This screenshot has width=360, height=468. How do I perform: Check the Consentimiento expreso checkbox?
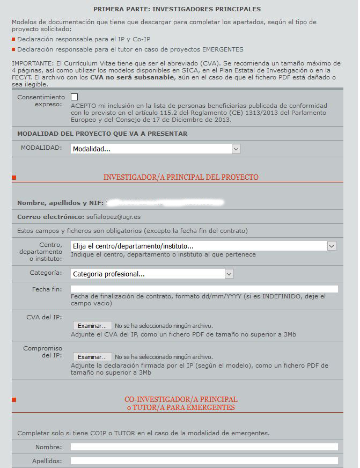[74, 97]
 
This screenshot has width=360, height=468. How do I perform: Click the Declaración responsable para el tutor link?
[130, 49]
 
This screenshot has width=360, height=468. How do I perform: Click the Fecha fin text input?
[204, 289]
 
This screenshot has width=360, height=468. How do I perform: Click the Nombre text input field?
[204, 447]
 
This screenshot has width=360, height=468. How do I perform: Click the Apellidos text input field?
[204, 460]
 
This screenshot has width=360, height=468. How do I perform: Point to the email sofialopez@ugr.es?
[113, 217]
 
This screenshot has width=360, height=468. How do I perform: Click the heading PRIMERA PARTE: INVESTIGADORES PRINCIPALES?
[177, 10]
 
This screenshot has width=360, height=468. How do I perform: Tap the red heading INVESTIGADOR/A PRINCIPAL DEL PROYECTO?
[181, 177]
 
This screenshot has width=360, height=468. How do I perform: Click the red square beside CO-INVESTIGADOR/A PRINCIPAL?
[14, 399]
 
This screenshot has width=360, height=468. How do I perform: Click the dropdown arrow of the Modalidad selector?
[236, 149]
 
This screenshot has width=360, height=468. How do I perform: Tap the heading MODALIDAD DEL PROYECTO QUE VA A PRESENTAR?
[102, 134]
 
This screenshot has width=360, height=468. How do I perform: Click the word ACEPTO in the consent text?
[82, 106]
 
